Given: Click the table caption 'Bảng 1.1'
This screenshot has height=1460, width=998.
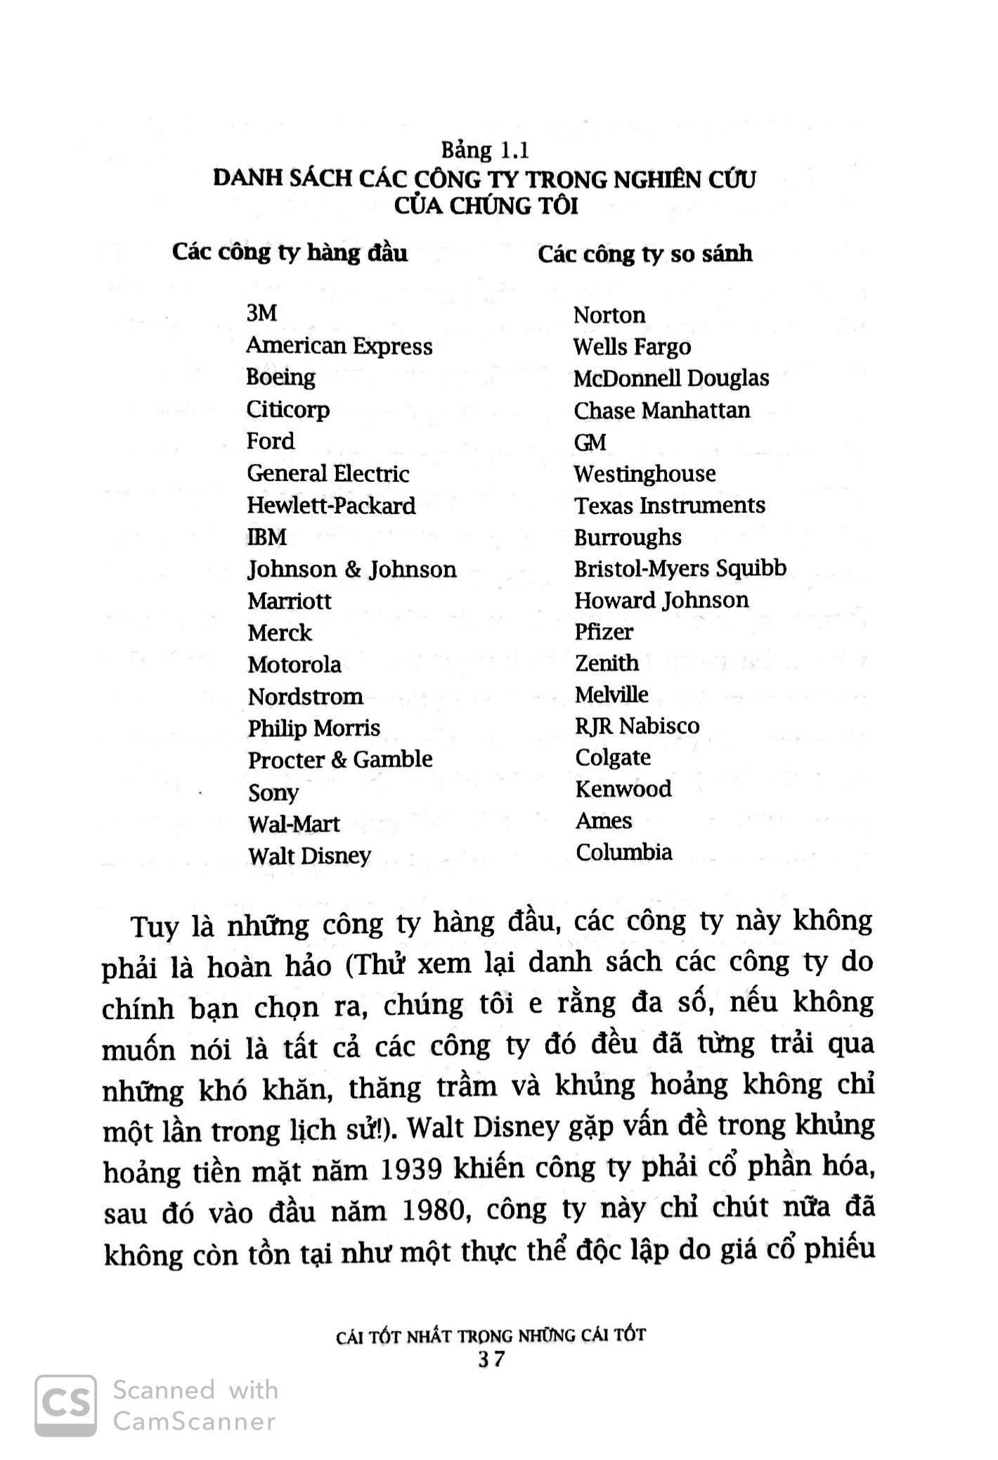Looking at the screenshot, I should pos(485,151).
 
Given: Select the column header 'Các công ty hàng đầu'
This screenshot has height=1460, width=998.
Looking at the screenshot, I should pos(290,252).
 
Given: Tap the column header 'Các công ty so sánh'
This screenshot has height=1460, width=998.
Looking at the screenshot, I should pos(644,254).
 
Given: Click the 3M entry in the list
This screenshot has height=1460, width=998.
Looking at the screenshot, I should pos(261,314).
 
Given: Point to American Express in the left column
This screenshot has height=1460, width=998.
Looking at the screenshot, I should pos(339,346).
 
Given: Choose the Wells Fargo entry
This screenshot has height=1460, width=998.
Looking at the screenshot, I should pos(631,347).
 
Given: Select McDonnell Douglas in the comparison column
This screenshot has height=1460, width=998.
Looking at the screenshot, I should pos(670,378).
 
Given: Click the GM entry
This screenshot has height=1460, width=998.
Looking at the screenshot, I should pos(590,442).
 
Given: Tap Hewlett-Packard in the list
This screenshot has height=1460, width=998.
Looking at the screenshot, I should pos(331,506).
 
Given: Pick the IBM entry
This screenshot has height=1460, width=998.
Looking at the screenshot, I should pos(266,537).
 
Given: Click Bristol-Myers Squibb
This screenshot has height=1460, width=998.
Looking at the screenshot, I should pos(680,568).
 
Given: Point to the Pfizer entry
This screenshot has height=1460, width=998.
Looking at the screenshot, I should pos(603,632).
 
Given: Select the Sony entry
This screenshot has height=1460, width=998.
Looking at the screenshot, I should pos(273,793).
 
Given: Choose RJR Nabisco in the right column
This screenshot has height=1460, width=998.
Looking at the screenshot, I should pos(637,726).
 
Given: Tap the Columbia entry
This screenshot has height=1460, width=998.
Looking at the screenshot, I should pos(623,852).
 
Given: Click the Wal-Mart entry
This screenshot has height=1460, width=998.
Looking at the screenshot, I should pos(293,824).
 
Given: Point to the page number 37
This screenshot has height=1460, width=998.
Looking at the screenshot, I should pos(491,1359).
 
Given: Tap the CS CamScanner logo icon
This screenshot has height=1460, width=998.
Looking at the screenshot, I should pos(66,1405).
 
